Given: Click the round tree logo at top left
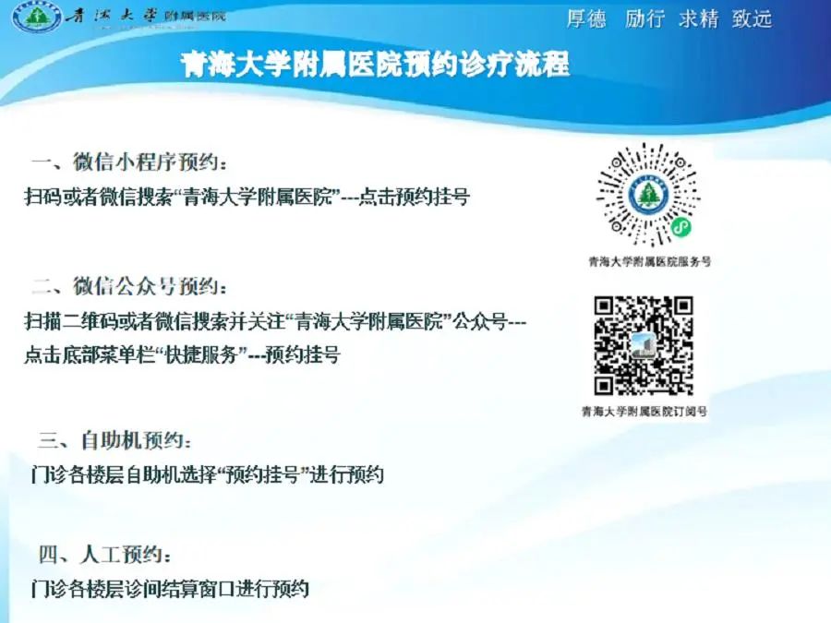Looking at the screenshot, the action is point(37,18).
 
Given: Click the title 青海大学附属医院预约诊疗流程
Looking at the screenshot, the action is point(375,65).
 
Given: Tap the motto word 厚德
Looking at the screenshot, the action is point(586,19).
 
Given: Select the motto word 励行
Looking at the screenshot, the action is point(644,19).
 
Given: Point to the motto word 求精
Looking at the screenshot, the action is point(699,19).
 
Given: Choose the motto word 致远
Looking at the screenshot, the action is point(752,19).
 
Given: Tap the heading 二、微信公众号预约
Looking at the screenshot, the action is point(129,287).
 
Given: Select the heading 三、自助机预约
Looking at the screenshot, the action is point(115,440).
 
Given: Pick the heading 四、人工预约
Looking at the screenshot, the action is point(105,555).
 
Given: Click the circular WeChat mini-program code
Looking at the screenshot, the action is point(649,195).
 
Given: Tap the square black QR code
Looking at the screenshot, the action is point(644,345).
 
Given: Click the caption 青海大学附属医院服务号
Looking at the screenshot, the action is point(650,261).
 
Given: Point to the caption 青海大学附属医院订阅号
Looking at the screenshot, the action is point(644,411).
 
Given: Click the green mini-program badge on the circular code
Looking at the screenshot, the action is point(681,228).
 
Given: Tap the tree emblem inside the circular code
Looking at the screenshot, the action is point(648,195).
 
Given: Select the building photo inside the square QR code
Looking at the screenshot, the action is point(644,346).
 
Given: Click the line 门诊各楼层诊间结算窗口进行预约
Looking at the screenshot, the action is point(170,589).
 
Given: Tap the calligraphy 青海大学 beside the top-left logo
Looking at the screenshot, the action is point(113,16).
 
